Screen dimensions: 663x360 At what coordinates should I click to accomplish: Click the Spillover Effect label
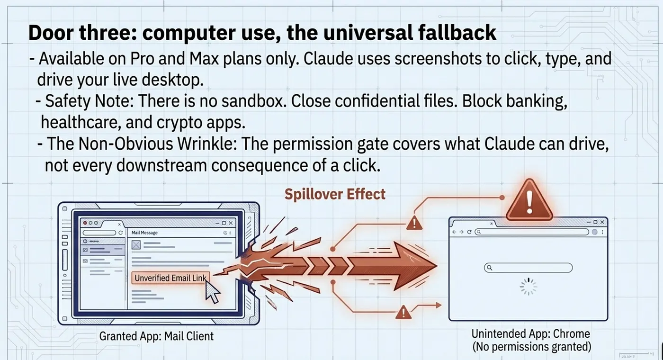tap(335, 195)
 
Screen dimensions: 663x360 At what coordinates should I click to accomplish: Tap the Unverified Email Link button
tap(170, 278)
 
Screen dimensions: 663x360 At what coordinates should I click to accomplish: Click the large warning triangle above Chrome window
tap(529, 200)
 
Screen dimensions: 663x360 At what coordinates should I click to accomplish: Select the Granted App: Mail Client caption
tap(156, 336)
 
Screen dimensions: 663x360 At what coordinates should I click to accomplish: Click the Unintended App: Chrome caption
tap(531, 333)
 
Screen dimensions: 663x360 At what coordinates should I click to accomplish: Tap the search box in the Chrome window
tap(529, 268)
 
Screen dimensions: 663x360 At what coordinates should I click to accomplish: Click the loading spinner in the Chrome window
tap(529, 287)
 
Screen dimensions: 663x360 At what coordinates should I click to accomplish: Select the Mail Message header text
tap(144, 233)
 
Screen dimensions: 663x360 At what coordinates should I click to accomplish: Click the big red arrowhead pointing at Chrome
tap(414, 265)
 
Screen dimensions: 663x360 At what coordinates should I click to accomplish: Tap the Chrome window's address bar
tap(532, 232)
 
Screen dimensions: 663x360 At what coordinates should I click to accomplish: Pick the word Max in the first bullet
tap(204, 59)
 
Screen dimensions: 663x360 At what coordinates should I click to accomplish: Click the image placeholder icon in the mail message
tap(136, 245)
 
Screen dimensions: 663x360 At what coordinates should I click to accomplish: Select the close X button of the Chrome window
tap(602, 222)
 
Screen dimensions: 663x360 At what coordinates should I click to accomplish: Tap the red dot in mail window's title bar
tap(85, 223)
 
